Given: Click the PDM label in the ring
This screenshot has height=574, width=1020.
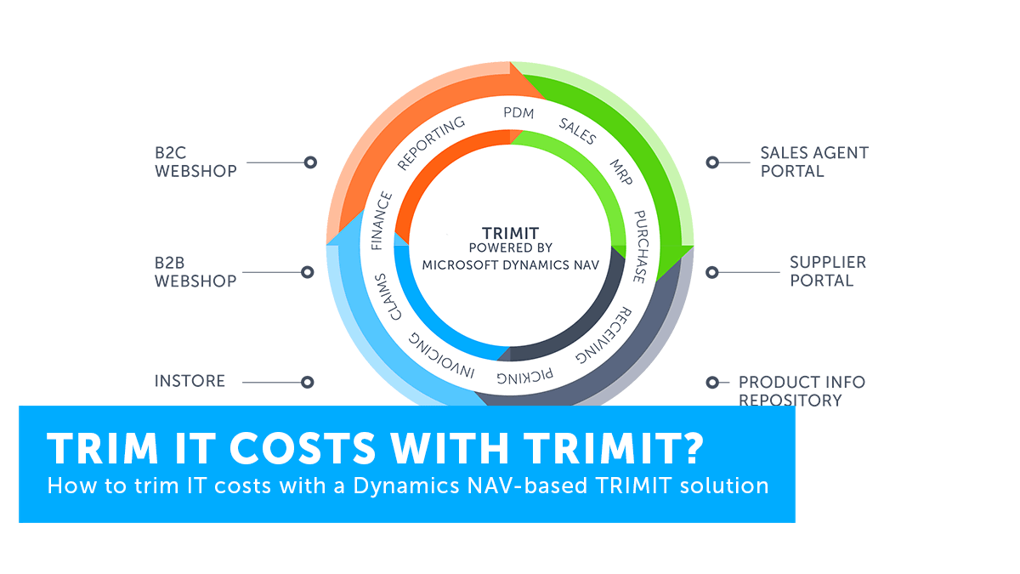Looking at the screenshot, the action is coord(518,112).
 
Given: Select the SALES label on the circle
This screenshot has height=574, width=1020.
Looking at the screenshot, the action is coord(577,131).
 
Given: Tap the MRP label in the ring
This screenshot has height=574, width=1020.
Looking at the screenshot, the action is coord(621,172).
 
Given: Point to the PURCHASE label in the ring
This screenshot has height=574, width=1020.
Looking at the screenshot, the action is coord(640,247).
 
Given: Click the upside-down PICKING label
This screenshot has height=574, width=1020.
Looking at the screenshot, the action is coord(525,376).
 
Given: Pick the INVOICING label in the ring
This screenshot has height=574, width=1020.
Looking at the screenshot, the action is coord(441,355).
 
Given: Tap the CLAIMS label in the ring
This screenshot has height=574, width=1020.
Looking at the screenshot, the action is coord(388,297).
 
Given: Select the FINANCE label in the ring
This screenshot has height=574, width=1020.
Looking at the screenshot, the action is coord(382,221).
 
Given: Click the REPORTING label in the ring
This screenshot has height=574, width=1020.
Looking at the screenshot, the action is coord(431,143).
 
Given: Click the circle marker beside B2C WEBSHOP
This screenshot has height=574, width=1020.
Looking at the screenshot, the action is coord(310,162).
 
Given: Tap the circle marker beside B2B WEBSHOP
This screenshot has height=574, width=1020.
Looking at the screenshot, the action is coord(308,272).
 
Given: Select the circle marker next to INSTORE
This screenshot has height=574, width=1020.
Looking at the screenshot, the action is coord(308,382).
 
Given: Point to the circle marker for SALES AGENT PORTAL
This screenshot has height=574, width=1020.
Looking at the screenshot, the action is coord(712,162).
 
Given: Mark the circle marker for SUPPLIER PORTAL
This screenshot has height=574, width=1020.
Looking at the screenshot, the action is coord(712,272).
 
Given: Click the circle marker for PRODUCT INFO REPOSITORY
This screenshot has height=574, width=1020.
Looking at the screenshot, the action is coord(712,382).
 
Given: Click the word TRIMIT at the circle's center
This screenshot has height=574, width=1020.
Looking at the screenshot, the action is coord(511,233).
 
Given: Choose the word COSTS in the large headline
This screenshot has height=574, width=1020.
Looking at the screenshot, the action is coord(303,448).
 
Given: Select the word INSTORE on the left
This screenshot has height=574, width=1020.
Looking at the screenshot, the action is coord(190,381).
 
